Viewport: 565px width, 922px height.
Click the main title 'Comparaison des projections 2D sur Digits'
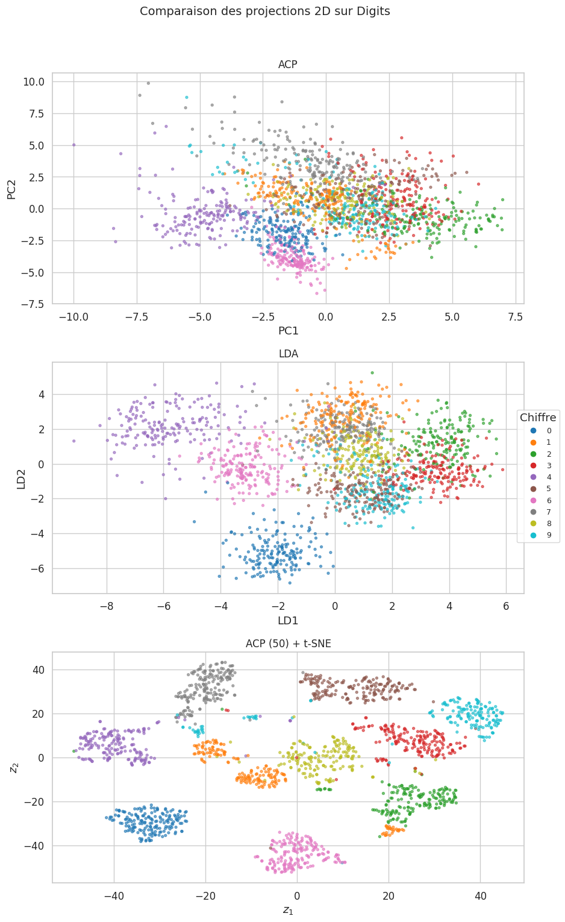264,11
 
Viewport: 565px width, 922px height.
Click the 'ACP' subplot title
287,64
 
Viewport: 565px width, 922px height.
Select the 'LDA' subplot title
288,354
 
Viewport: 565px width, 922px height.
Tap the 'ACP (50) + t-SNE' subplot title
288,644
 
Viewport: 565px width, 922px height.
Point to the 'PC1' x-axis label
288,331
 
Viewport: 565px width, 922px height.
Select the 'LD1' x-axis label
288,620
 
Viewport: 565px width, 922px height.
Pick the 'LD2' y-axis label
21,478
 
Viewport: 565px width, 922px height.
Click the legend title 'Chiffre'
538,417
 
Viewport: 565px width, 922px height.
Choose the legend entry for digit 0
541,431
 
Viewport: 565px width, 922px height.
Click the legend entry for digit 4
541,477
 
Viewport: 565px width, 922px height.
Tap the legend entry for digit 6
541,500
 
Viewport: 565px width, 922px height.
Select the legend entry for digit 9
541,535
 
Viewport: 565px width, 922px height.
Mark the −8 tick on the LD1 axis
107,606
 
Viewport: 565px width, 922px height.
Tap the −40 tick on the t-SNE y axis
35,845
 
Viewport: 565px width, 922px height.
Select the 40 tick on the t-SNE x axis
480,896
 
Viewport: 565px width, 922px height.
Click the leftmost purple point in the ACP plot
74,145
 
